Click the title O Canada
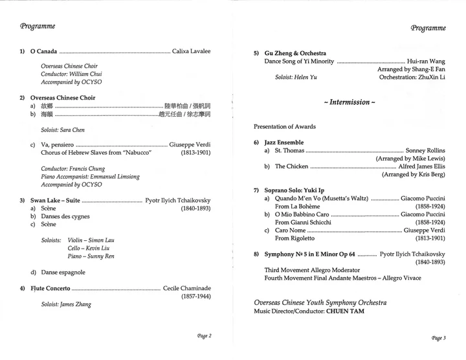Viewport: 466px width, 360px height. [x=44, y=51]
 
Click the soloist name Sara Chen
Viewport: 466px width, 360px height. [x=72, y=130]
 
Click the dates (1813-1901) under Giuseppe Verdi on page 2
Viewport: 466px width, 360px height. [x=195, y=153]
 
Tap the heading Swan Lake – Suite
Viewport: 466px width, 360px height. [x=56, y=200]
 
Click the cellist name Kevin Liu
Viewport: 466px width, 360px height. [x=98, y=248]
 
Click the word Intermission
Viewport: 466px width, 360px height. [x=349, y=102]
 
